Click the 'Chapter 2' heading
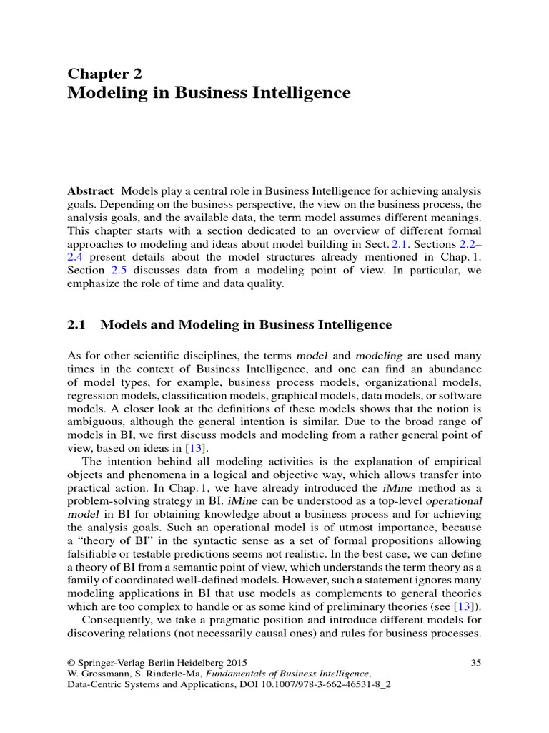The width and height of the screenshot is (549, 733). pos(105,73)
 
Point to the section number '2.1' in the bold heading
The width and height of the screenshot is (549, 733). pos(76,324)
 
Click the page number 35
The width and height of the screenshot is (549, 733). pos(476,662)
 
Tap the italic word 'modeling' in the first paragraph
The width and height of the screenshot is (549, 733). pos(379,356)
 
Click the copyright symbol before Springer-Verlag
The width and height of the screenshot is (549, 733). pos(71,662)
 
